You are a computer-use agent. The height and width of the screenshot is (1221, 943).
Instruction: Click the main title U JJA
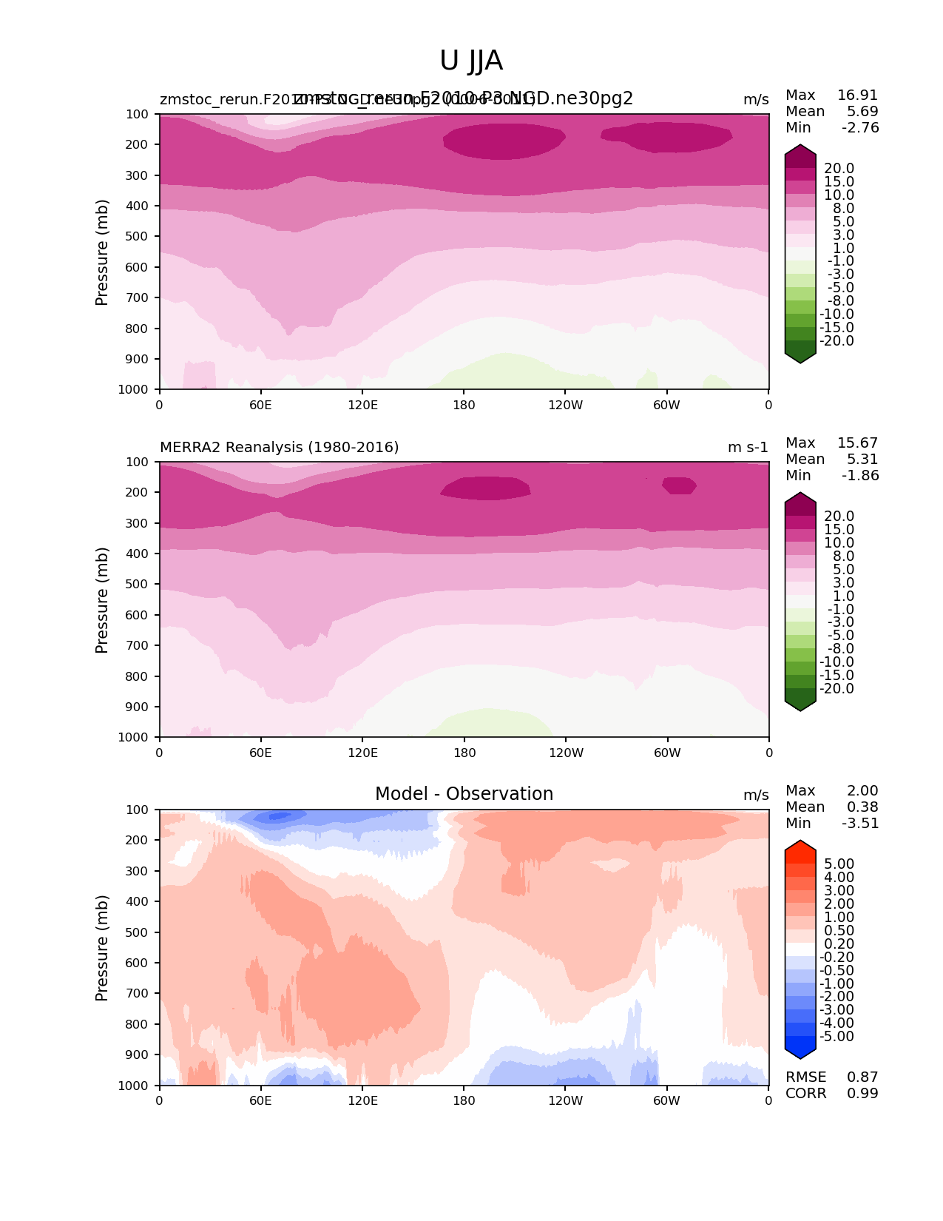click(x=471, y=61)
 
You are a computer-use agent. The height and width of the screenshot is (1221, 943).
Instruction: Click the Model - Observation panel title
click(x=464, y=794)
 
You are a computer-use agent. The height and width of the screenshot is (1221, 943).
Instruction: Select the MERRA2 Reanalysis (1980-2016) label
click(x=279, y=447)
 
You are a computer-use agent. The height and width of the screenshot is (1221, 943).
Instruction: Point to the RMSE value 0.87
click(x=862, y=1077)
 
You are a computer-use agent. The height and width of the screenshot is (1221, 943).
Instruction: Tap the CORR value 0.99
click(x=862, y=1093)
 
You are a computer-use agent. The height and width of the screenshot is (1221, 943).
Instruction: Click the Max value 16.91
click(x=857, y=95)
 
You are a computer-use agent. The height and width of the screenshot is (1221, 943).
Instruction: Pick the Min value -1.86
click(x=860, y=475)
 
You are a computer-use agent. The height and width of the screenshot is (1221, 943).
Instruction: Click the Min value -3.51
click(x=860, y=823)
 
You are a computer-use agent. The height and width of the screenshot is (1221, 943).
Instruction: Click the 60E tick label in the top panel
click(x=260, y=405)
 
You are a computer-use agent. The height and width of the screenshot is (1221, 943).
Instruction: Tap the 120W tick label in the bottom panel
click(x=565, y=1100)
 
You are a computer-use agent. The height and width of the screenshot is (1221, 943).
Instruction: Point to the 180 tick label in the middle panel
click(x=464, y=753)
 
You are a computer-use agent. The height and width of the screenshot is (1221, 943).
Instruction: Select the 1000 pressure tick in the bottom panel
click(x=136, y=1086)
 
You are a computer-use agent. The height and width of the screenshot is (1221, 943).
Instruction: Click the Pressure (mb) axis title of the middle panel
click(x=102, y=599)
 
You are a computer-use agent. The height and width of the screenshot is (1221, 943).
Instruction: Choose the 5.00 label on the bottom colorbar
click(x=839, y=864)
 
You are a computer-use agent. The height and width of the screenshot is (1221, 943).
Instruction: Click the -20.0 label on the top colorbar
click(x=836, y=340)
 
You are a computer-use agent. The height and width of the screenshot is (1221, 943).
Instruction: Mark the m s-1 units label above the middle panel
click(x=748, y=447)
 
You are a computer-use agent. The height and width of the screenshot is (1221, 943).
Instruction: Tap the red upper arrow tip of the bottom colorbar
click(x=800, y=846)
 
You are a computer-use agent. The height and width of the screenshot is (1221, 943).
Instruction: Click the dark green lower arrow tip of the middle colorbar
click(x=800, y=706)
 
